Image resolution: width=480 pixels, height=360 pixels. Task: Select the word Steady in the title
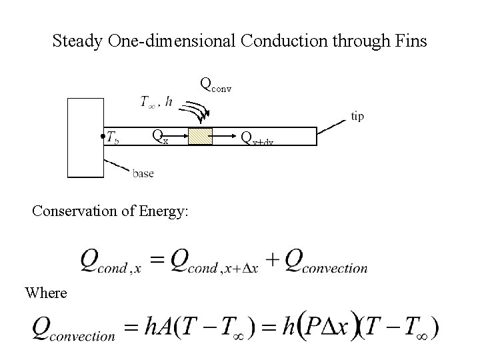pos(77,41)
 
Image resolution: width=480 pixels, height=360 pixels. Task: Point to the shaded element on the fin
pos(200,137)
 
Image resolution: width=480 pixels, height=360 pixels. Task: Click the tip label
pos(357,116)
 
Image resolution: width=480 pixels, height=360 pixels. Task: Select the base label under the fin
pos(143,173)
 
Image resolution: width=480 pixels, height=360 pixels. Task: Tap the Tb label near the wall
pos(114,139)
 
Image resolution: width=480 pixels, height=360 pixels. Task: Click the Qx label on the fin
pos(159,137)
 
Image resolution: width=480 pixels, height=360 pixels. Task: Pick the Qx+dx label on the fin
pos(257,138)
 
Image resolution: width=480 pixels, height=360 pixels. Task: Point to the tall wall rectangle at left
pos(85,138)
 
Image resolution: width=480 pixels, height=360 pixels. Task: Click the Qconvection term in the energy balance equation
pos(326,261)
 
